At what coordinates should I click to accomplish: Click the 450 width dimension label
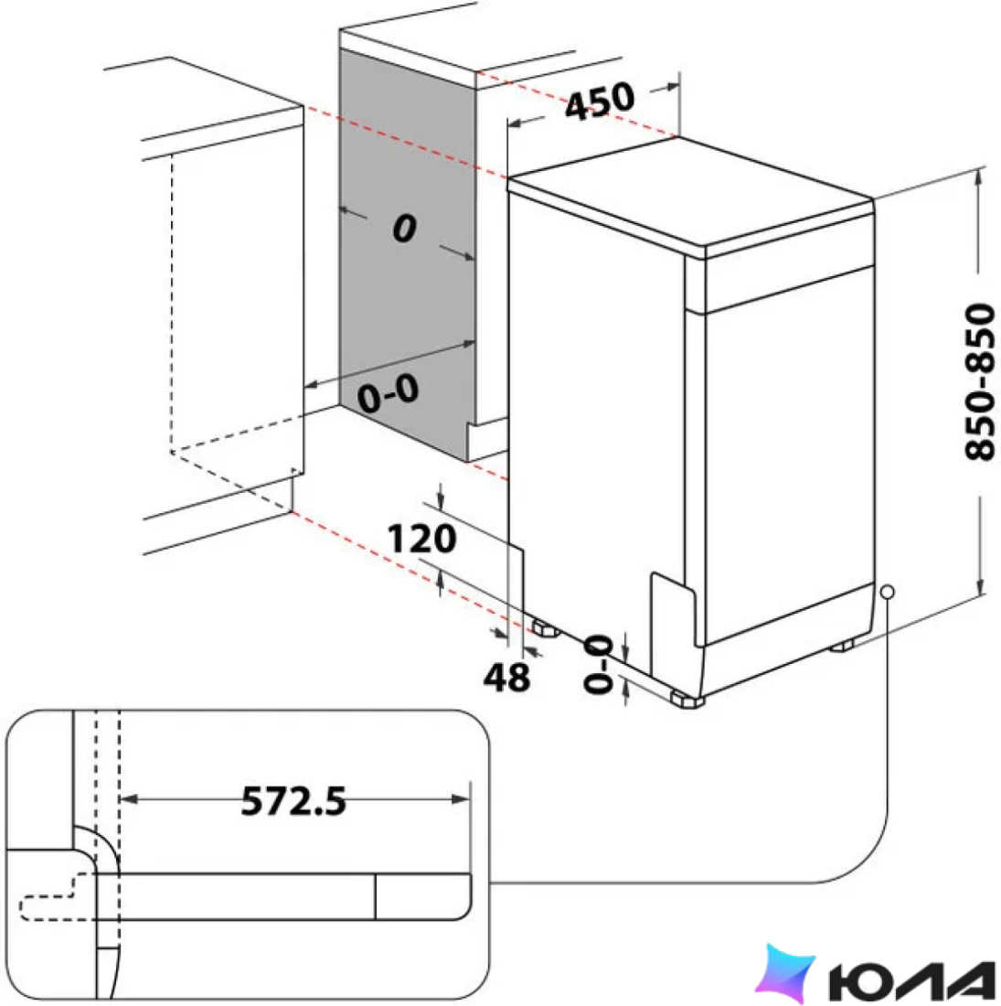point(600,102)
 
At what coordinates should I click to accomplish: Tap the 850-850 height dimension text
point(980,381)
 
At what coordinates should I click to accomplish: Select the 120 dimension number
point(422,539)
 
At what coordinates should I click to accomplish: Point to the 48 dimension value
point(506,677)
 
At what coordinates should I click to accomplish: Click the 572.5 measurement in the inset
point(293,800)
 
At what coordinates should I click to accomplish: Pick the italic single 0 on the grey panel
point(405,229)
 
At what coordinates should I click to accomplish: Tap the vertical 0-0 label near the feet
point(598,664)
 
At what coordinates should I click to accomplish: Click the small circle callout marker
point(888,592)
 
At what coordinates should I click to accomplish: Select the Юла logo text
point(911,981)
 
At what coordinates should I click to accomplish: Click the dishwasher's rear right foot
point(843,645)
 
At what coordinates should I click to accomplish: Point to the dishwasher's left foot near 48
point(545,628)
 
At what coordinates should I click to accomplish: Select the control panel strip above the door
point(789,287)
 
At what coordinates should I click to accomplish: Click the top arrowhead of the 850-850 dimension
point(978,176)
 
